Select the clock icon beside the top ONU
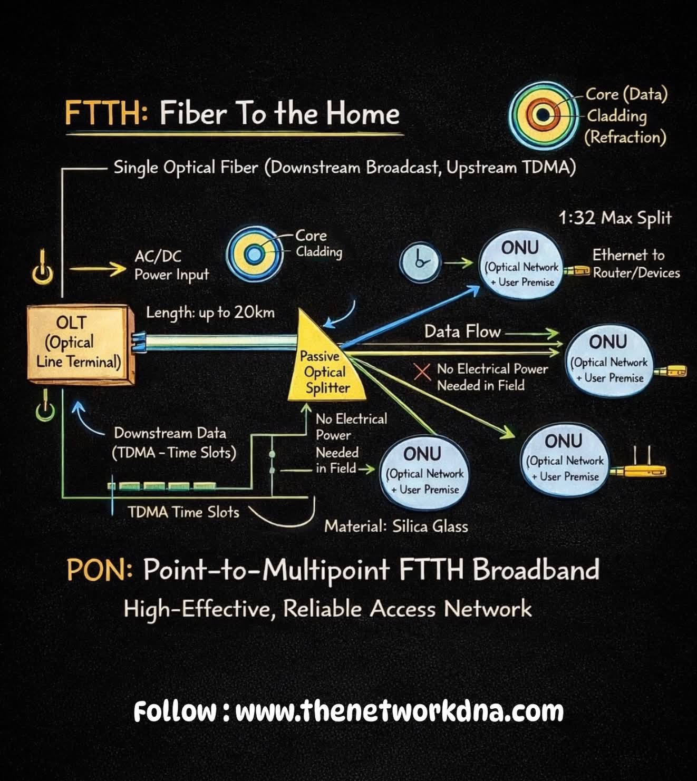click(420, 262)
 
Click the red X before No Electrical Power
click(422, 372)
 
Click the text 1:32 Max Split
click(615, 218)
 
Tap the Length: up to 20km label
click(210, 313)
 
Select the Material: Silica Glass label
click(396, 526)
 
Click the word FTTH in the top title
click(105, 114)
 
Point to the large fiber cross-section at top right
click(543, 114)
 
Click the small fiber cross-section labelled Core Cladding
click(256, 255)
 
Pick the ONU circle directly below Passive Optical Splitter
click(424, 471)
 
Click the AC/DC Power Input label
click(171, 265)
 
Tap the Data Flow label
click(462, 331)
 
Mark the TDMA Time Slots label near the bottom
click(183, 512)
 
